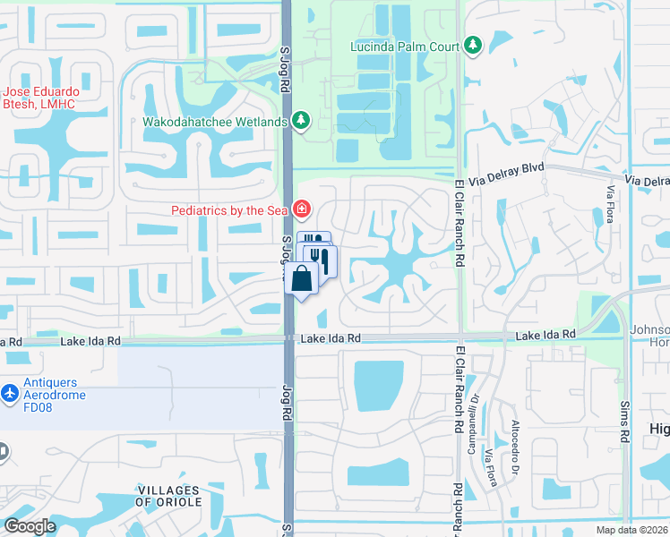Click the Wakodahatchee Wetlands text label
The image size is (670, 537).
click(x=214, y=122)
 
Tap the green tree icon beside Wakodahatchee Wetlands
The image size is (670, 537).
click(x=302, y=121)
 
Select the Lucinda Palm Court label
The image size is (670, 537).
click(x=406, y=45)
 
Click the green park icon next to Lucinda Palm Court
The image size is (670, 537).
click(x=473, y=45)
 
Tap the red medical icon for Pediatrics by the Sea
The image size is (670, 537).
click(x=302, y=210)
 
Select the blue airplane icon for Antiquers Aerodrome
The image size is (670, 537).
click(x=10, y=393)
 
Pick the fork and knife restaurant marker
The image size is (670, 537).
click(x=322, y=260)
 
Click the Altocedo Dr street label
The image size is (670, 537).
click(x=515, y=446)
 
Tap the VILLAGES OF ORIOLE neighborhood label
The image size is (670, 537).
click(x=167, y=496)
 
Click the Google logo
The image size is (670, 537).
click(x=30, y=526)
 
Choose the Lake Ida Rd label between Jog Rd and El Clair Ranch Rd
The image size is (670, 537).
click(x=331, y=338)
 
